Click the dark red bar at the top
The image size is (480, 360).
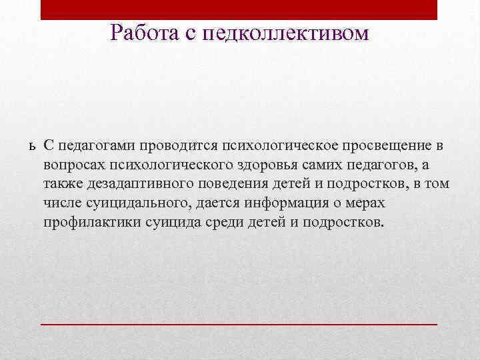pyautogui.click(x=239, y=9)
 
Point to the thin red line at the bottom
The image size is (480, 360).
pyautogui.click(x=239, y=323)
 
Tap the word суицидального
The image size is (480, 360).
pyautogui.click(x=127, y=203)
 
